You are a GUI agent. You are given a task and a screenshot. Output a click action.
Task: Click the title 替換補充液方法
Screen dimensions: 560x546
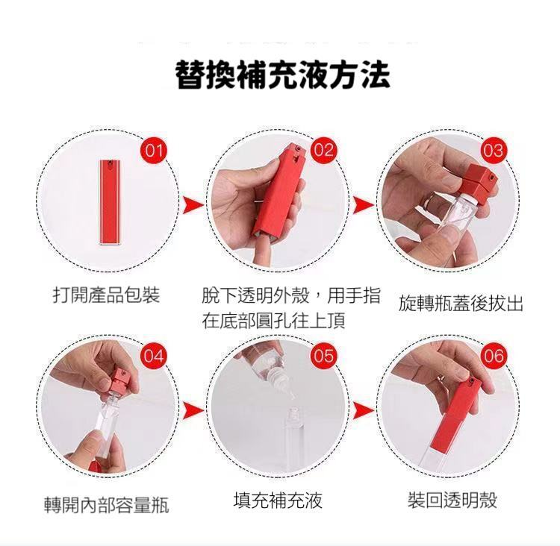[283, 75]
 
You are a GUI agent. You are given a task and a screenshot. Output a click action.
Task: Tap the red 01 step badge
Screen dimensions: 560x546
[154, 151]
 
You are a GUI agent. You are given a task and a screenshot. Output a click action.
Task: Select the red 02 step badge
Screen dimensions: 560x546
[323, 151]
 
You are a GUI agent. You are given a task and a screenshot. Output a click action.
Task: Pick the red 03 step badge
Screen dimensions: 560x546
[494, 151]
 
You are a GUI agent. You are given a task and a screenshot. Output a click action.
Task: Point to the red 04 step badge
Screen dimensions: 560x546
[154, 356]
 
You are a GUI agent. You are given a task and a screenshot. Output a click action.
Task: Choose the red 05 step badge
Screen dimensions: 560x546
[323, 356]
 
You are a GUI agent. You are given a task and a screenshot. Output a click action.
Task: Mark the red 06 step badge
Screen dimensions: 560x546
[494, 356]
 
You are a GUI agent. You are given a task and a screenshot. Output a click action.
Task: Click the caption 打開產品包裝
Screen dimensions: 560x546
[106, 295]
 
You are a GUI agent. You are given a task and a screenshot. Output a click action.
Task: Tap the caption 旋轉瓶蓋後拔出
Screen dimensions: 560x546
[461, 304]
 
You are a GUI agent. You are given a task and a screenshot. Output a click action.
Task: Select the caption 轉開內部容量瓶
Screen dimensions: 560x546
[107, 505]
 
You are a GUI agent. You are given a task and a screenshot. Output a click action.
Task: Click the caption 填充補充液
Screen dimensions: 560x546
[278, 500]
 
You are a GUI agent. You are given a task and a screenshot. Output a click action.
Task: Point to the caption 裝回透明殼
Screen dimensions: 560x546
[452, 500]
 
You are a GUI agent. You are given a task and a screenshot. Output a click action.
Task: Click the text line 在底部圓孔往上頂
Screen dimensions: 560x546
[273, 321]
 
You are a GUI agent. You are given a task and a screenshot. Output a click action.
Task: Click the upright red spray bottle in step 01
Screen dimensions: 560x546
[110, 202]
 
